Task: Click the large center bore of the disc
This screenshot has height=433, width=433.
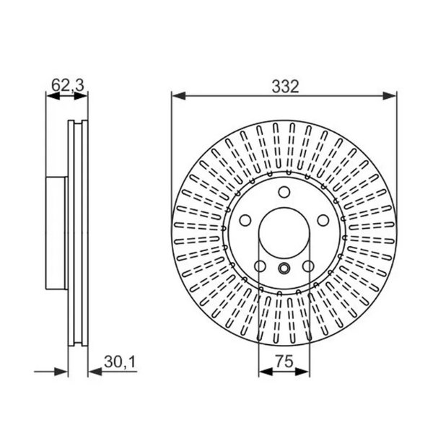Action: coord(284,233)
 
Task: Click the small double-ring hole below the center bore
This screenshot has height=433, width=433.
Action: coord(284,269)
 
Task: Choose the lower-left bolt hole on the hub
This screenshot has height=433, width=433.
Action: coord(259,267)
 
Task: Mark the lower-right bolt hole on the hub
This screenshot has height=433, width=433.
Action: coord(308,267)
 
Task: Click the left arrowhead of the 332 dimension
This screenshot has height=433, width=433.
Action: coord(175,95)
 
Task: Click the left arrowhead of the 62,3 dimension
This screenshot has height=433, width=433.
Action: coord(50,95)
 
